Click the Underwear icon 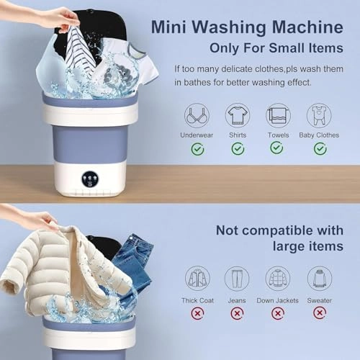[197, 115]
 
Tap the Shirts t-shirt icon [237, 115]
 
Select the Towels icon [278, 115]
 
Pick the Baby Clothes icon [319, 115]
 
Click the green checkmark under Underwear [197, 148]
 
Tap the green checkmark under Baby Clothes [320, 148]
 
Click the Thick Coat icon [197, 278]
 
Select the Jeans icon [236, 278]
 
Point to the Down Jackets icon [278, 278]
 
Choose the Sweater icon [320, 278]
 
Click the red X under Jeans [236, 313]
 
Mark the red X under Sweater [320, 313]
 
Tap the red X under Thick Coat [197, 313]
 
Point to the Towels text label [278, 135]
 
